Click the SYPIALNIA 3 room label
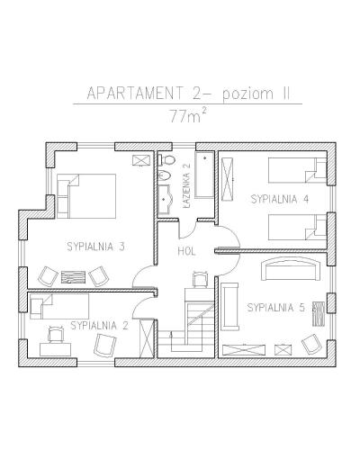[x=95, y=247]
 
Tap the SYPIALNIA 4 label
[x=280, y=199]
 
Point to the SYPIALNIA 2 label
[x=99, y=326]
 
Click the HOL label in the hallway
[x=186, y=251]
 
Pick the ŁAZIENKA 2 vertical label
[x=187, y=185]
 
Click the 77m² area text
[x=188, y=115]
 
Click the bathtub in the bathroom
[x=204, y=175]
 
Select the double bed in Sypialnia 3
[x=86, y=196]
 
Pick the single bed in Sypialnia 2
[x=59, y=306]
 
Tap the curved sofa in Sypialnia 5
[x=291, y=269]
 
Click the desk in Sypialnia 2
[x=56, y=349]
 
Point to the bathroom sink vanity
[x=165, y=199]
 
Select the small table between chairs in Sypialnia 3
[x=74, y=277]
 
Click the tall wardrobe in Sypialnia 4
[x=227, y=179]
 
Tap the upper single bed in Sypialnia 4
[x=297, y=170]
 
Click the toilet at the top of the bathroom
[x=166, y=159]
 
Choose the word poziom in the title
[x=247, y=94]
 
